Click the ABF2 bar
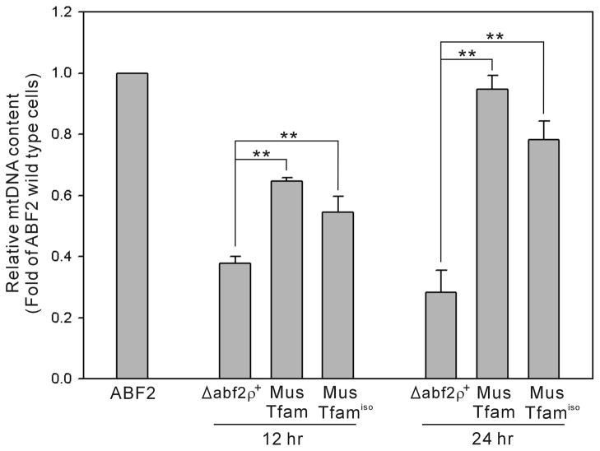click(132, 225)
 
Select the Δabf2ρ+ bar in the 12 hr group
click(235, 321)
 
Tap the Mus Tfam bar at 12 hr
click(286, 280)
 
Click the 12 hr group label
click(286, 438)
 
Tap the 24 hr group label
click(492, 438)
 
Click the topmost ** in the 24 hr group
click(494, 37)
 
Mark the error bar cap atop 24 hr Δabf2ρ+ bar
click(440, 270)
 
